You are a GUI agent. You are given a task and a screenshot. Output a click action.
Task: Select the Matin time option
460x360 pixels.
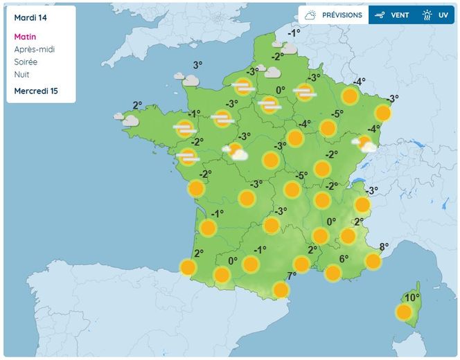(25, 37)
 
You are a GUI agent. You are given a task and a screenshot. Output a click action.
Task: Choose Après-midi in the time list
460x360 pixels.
(34, 49)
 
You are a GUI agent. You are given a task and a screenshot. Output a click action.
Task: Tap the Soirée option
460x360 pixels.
(26, 62)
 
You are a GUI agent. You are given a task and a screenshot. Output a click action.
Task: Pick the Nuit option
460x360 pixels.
(21, 74)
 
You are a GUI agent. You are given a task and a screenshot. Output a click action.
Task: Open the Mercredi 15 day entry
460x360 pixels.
(36, 91)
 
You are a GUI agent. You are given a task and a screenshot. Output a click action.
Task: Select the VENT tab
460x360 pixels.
(392, 15)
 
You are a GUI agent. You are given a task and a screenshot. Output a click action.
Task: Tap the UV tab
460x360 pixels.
(436, 15)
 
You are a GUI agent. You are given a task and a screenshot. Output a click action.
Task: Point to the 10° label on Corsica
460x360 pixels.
(412, 298)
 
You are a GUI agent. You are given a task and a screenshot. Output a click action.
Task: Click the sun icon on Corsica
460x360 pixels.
(404, 312)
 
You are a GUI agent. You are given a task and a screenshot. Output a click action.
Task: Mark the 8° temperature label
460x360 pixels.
(384, 246)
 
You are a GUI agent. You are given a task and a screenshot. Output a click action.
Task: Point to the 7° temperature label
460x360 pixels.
(292, 276)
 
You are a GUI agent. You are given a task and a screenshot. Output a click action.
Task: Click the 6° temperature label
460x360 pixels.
(344, 259)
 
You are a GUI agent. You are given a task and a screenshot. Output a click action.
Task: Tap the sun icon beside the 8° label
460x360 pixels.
(373, 261)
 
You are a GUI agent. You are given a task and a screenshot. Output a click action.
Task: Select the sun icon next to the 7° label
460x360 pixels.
(281, 289)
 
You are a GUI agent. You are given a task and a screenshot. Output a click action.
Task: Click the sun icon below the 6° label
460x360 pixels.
(333, 273)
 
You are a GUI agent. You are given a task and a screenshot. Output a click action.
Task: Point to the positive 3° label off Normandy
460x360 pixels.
(197, 66)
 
